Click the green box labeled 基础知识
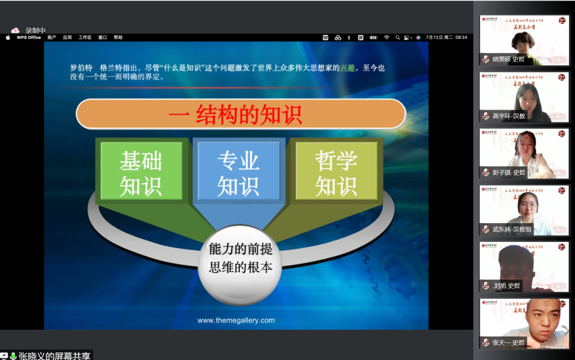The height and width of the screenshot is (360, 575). pyautogui.click(x=141, y=171)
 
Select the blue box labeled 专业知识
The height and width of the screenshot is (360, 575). pyautogui.click(x=238, y=171)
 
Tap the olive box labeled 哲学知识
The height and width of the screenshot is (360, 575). pyautogui.click(x=335, y=171)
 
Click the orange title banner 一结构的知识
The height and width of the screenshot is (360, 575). pyautogui.click(x=241, y=114)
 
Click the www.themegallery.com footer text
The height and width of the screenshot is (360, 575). pyautogui.click(x=236, y=320)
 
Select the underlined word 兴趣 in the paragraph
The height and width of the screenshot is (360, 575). pyautogui.click(x=347, y=68)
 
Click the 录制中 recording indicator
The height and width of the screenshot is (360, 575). pyautogui.click(x=35, y=30)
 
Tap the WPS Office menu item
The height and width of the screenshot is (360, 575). pyautogui.click(x=29, y=37)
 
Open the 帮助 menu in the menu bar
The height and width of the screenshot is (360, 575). pyautogui.click(x=118, y=37)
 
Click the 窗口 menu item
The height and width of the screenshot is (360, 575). pyautogui.click(x=103, y=37)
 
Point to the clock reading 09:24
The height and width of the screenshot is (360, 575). pyautogui.click(x=461, y=37)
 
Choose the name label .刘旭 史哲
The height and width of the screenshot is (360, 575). pyautogui.click(x=505, y=286)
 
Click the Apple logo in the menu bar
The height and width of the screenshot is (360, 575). pyautogui.click(x=8, y=37)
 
